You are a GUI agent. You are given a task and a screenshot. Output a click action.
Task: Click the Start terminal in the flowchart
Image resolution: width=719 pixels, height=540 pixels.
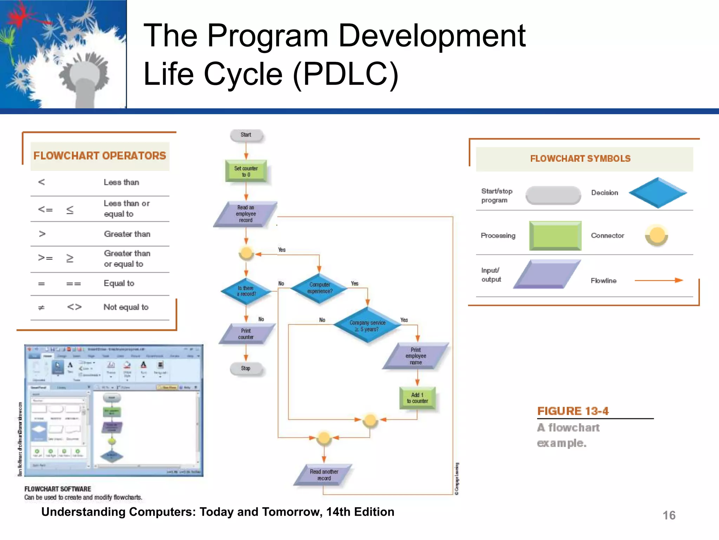246,135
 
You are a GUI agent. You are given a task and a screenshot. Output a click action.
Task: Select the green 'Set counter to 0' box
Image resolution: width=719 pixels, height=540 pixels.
246,171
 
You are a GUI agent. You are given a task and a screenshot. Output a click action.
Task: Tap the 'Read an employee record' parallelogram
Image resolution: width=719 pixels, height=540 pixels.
246,214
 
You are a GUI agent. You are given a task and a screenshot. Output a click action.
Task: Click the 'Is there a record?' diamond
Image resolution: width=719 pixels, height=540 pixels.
246,291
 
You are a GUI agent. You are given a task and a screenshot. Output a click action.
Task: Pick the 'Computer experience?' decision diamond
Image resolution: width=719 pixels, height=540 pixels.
319,288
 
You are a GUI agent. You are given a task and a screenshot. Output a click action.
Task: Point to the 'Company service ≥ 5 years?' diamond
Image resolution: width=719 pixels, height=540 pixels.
367,326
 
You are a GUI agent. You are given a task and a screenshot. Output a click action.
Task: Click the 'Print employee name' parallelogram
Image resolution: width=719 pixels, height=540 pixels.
416,356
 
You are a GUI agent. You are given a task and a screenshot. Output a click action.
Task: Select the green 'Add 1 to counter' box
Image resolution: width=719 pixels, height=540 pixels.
417,398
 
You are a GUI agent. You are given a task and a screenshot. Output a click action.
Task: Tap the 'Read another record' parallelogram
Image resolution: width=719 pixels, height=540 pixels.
324,475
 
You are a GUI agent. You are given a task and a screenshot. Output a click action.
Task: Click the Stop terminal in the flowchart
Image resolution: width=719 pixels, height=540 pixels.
246,368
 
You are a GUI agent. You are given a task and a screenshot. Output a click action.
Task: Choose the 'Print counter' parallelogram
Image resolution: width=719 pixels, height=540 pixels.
246,334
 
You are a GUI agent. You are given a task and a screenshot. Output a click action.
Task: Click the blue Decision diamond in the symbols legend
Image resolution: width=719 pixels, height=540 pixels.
658,193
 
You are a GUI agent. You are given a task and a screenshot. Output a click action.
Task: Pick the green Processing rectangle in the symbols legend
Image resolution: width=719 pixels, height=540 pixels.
555,236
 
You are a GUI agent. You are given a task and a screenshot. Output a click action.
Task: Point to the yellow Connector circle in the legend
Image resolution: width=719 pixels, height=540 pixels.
656,235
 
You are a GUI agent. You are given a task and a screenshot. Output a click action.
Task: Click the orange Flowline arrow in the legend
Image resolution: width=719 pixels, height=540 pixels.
658,280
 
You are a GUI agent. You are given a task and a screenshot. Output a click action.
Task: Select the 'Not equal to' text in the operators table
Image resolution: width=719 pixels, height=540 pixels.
126,307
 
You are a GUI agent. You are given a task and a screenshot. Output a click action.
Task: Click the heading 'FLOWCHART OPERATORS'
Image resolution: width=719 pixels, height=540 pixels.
100,156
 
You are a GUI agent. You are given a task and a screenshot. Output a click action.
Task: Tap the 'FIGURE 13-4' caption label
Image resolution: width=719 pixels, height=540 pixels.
573,411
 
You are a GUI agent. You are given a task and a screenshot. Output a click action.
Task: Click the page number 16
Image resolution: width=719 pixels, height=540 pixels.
669,515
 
